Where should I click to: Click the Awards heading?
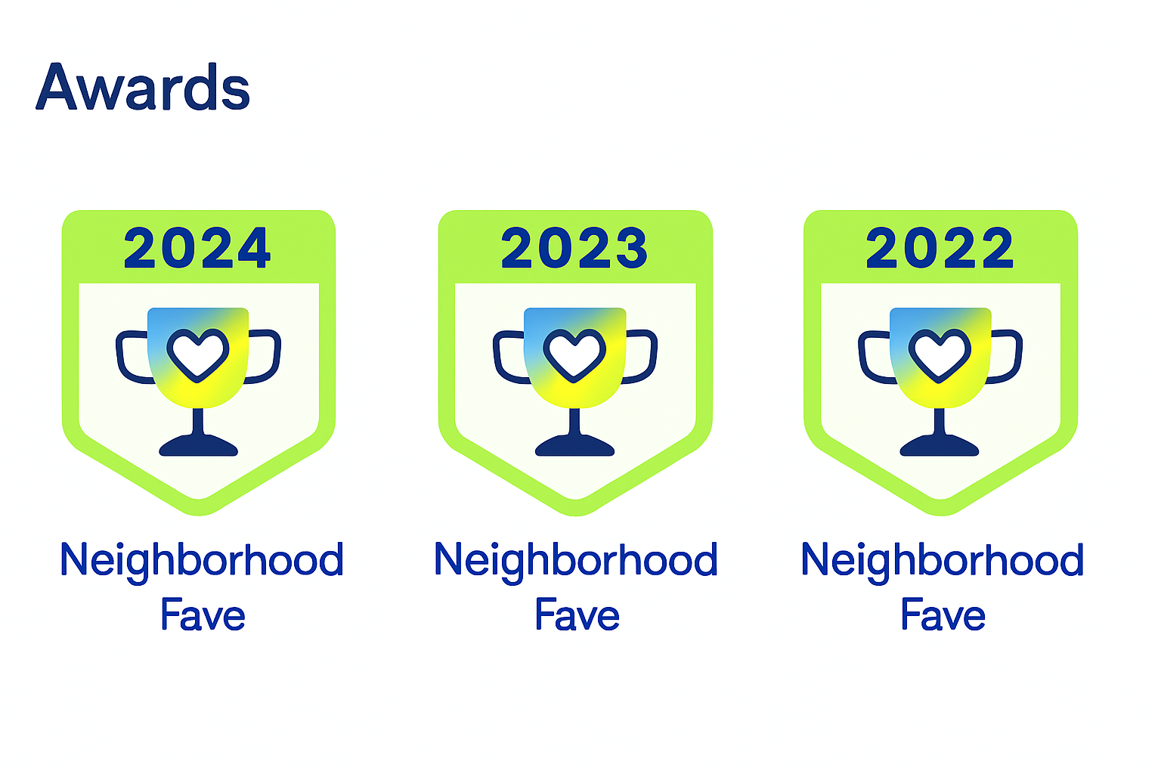click(143, 87)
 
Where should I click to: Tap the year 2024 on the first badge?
click(197, 248)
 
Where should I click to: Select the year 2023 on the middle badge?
click(574, 248)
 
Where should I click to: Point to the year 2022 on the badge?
click(940, 248)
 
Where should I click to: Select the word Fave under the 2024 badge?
click(203, 615)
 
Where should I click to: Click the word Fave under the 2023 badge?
click(577, 615)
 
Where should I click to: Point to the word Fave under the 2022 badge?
click(943, 615)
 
